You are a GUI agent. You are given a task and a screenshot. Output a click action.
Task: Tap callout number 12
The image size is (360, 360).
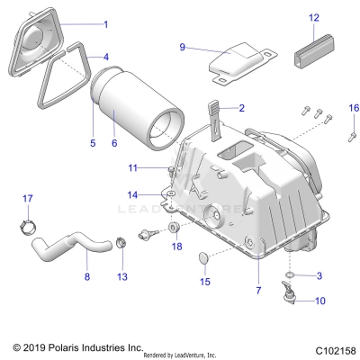point(314,17)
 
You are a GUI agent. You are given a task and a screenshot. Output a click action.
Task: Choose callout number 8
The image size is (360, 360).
point(86,278)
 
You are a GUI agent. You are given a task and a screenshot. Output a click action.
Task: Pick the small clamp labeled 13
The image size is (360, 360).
point(121,243)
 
